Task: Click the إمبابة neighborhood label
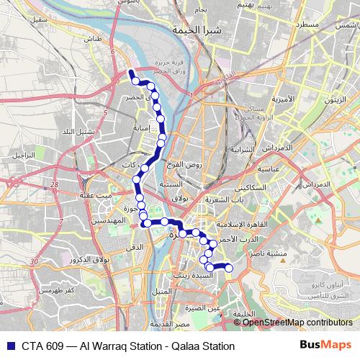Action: click(x=140, y=130)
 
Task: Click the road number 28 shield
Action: click(x=55, y=186)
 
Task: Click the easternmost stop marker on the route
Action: click(x=229, y=268)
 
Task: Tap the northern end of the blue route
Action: click(x=130, y=71)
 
